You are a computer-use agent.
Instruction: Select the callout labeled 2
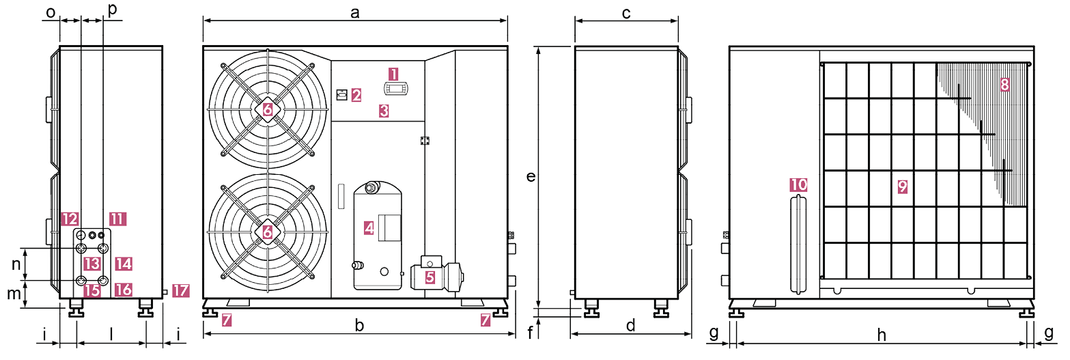[356, 95]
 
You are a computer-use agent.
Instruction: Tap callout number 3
[384, 111]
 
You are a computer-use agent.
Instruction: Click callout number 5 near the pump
[430, 277]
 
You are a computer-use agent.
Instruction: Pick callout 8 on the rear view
[1004, 85]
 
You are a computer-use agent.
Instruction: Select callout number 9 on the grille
[903, 186]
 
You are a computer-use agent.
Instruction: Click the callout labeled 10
[798, 184]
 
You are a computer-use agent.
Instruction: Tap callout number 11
[117, 219]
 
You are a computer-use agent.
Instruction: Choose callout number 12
[69, 219]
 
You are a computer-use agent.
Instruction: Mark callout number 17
[180, 290]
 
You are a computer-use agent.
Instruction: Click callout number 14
[123, 263]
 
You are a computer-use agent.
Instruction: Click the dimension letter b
[359, 327]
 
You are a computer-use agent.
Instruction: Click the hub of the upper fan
[267, 109]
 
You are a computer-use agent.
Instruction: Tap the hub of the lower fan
[267, 232]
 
